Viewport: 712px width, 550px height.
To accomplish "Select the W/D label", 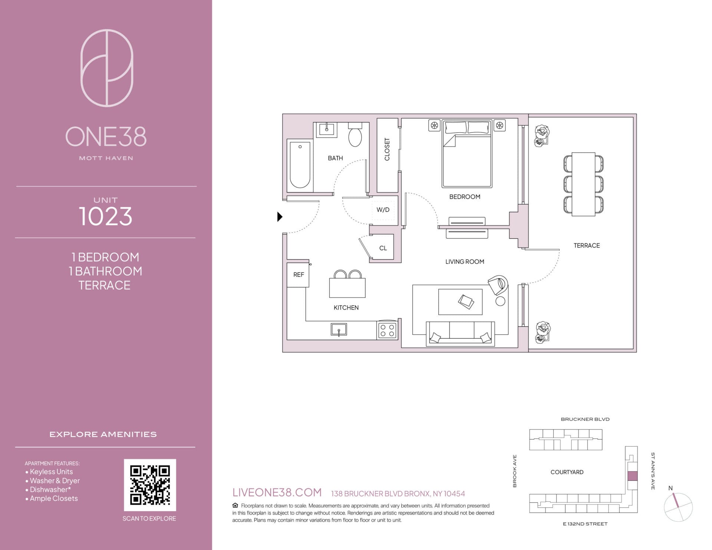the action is click(383, 210).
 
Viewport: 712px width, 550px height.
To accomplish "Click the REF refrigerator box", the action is click(298, 275).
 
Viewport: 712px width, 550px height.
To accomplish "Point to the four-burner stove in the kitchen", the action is click(387, 330).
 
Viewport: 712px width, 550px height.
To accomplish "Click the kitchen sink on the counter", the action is click(339, 329).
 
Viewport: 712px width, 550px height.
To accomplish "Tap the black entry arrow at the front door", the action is click(280, 216).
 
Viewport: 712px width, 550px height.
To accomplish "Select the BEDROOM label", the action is click(465, 197).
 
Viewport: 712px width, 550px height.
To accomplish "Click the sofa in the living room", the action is click(460, 334).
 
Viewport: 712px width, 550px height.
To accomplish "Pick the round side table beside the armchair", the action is click(500, 301).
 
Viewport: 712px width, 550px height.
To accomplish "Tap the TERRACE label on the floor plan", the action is click(587, 245).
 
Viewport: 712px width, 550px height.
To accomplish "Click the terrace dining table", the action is click(584, 184).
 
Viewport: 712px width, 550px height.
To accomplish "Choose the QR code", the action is click(150, 485).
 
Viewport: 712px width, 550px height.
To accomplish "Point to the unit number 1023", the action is click(106, 216).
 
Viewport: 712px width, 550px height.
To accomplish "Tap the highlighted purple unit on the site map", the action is click(632, 476).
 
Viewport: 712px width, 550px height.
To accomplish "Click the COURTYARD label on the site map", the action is click(567, 472).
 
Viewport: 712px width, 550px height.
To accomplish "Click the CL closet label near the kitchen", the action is click(383, 248).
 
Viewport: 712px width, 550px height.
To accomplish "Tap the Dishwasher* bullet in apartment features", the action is click(48, 490).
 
